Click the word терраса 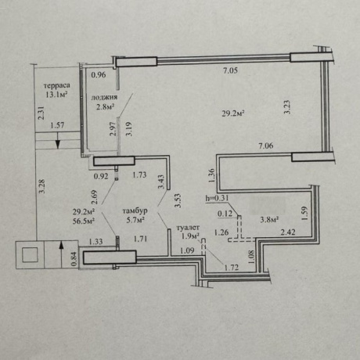tap(56, 85)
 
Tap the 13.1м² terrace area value tap(56, 94)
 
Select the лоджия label tap(104, 98)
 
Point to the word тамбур tap(135, 211)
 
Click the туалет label tap(188, 228)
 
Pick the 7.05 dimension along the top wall tap(230, 70)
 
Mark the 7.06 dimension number tap(266, 146)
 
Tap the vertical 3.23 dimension tap(287, 107)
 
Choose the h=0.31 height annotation tap(217, 198)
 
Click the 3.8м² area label tap(269, 220)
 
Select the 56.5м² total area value tap(84, 221)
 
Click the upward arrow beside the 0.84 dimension tap(61, 254)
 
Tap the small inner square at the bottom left tap(30, 255)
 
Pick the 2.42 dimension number tap(288, 232)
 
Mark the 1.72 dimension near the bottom tap(232, 267)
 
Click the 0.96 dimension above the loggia tap(99, 75)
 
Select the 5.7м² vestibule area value tap(135, 220)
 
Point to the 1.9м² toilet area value tap(191, 236)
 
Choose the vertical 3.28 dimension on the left tap(42, 186)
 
